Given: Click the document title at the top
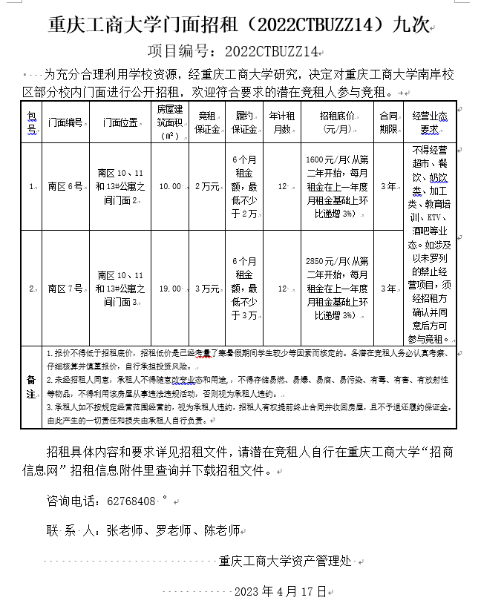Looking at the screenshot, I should pyautogui.click(x=238, y=24).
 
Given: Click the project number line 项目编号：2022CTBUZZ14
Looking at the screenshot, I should pyautogui.click(x=233, y=50).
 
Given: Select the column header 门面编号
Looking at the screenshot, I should pyautogui.click(x=65, y=122).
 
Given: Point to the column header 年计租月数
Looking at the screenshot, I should pyautogui.click(x=282, y=122).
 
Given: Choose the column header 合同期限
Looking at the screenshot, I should pyautogui.click(x=388, y=122).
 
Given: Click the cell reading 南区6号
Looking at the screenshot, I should pyautogui.click(x=65, y=187).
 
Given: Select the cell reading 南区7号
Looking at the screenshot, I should pyautogui.click(x=65, y=289).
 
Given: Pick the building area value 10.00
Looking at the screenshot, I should pyautogui.click(x=170, y=187).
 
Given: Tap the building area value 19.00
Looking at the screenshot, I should pyautogui.click(x=170, y=289).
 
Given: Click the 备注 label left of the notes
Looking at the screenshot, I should pyautogui.click(x=31, y=386).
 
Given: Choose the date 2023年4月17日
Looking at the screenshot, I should pyautogui.click(x=280, y=591).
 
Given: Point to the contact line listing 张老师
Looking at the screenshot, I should pyautogui.click(x=143, y=530).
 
